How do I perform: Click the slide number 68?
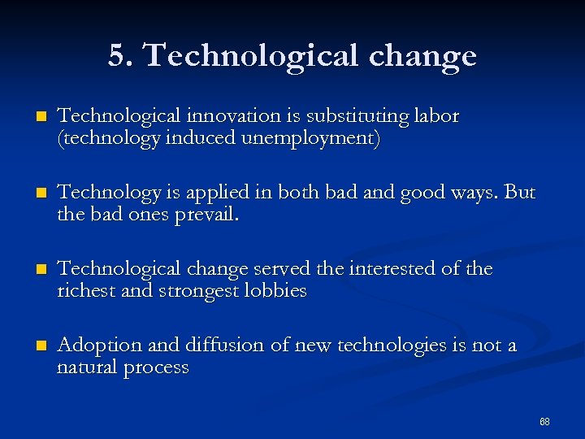click(544, 421)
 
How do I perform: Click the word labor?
click(437, 116)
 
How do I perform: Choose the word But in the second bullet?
click(520, 193)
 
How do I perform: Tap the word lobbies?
click(275, 291)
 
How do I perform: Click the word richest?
click(84, 291)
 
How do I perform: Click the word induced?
click(200, 138)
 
